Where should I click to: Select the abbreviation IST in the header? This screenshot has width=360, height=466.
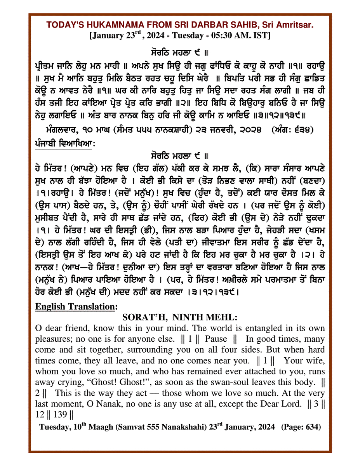[264, 35]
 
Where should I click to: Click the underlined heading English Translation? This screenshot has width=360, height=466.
[75, 306]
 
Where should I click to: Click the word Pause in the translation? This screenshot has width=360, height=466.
[216, 339]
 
